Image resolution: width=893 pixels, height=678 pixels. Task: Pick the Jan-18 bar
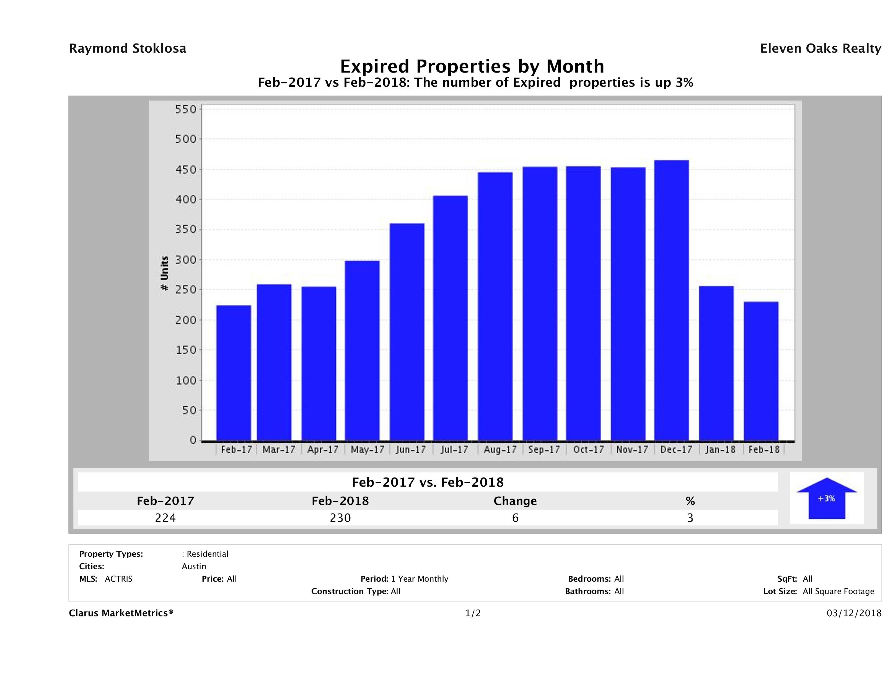[716, 363]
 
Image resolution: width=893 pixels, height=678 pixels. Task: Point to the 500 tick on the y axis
[186, 139]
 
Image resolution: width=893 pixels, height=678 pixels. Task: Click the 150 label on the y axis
[186, 350]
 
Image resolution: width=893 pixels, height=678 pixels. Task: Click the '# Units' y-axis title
[164, 274]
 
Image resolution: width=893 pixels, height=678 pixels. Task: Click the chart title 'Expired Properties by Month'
[472, 66]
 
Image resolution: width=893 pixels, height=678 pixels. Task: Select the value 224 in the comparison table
[165, 518]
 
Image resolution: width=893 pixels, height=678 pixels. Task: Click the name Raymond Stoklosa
[128, 48]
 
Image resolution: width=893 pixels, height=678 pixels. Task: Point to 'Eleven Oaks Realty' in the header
[820, 48]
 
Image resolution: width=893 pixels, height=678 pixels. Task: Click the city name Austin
[194, 566]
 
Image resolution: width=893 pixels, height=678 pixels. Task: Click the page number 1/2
[473, 613]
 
